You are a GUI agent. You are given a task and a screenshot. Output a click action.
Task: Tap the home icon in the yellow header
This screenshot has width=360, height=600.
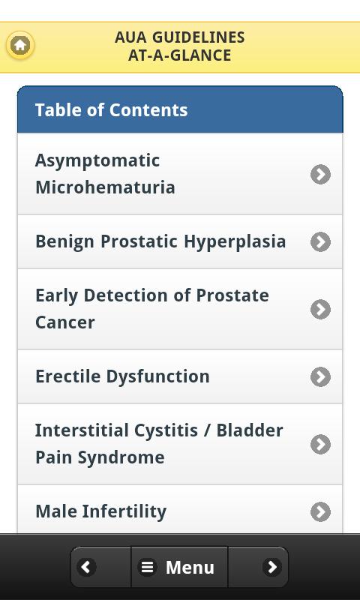tap(20, 46)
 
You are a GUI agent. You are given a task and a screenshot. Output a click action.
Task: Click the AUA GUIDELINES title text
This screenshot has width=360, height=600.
tap(180, 37)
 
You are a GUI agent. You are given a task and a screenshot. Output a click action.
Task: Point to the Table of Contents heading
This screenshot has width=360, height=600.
tap(111, 110)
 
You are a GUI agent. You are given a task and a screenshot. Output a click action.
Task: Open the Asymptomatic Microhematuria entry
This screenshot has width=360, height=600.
tap(105, 174)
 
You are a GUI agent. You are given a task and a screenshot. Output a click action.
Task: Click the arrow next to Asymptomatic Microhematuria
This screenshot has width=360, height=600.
tap(320, 175)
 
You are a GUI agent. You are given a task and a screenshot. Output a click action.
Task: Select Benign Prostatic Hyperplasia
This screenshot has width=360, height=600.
tap(160, 241)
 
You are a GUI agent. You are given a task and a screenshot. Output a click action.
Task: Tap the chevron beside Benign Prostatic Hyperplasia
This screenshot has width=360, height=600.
tap(320, 241)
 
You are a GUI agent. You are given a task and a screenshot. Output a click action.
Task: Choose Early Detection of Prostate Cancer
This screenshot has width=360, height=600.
tap(152, 309)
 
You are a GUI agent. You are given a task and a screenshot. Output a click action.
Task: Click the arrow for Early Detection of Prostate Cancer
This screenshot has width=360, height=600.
tap(320, 309)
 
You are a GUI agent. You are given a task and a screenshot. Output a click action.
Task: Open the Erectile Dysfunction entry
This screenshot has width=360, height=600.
tap(122, 376)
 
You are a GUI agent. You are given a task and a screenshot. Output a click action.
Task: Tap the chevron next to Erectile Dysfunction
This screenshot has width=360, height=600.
tap(320, 377)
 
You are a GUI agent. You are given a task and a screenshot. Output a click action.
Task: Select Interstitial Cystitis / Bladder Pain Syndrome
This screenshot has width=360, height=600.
tap(159, 444)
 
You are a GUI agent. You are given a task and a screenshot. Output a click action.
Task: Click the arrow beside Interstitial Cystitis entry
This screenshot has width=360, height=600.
tap(320, 444)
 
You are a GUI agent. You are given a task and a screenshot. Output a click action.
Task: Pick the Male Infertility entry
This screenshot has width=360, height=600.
tap(101, 511)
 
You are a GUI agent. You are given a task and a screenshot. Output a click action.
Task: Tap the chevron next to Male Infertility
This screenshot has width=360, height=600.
tap(320, 512)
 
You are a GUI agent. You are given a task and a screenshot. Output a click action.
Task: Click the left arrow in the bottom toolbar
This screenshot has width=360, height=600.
tap(86, 567)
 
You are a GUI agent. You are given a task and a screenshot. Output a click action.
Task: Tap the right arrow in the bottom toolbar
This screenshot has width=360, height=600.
tap(272, 567)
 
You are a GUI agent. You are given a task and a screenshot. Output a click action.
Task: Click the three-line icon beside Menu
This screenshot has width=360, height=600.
tap(147, 567)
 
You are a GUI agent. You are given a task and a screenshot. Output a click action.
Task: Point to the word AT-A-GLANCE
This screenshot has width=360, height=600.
tap(180, 55)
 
